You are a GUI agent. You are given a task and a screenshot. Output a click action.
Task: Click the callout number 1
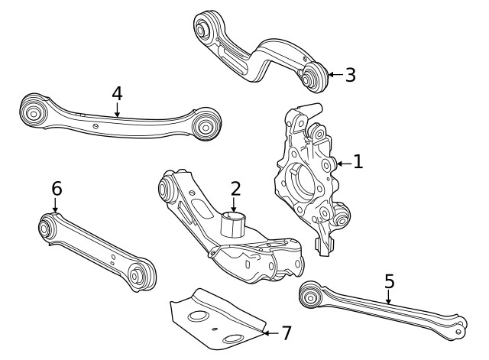pos(358,162)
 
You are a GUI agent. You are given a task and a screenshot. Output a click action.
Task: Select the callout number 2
pos(235,188)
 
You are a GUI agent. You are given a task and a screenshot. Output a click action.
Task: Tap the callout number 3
pos(350,75)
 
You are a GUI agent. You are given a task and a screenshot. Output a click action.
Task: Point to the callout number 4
pos(117,93)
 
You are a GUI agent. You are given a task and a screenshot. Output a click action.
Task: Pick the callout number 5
pos(390,281)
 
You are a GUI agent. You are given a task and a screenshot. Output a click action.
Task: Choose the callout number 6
pos(56,188)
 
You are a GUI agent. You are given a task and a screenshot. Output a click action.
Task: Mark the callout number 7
pos(286,332)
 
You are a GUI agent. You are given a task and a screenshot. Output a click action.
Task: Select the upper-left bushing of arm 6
pos(46,226)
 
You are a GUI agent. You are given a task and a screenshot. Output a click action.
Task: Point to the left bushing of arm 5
pos(310,293)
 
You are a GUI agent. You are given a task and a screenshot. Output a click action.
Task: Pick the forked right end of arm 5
pos(458,326)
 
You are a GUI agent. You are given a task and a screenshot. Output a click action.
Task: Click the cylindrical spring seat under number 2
pos(234,226)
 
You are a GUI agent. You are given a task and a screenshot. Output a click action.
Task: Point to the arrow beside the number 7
pos(267,332)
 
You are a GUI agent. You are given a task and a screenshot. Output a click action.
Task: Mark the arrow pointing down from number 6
pos(56,206)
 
